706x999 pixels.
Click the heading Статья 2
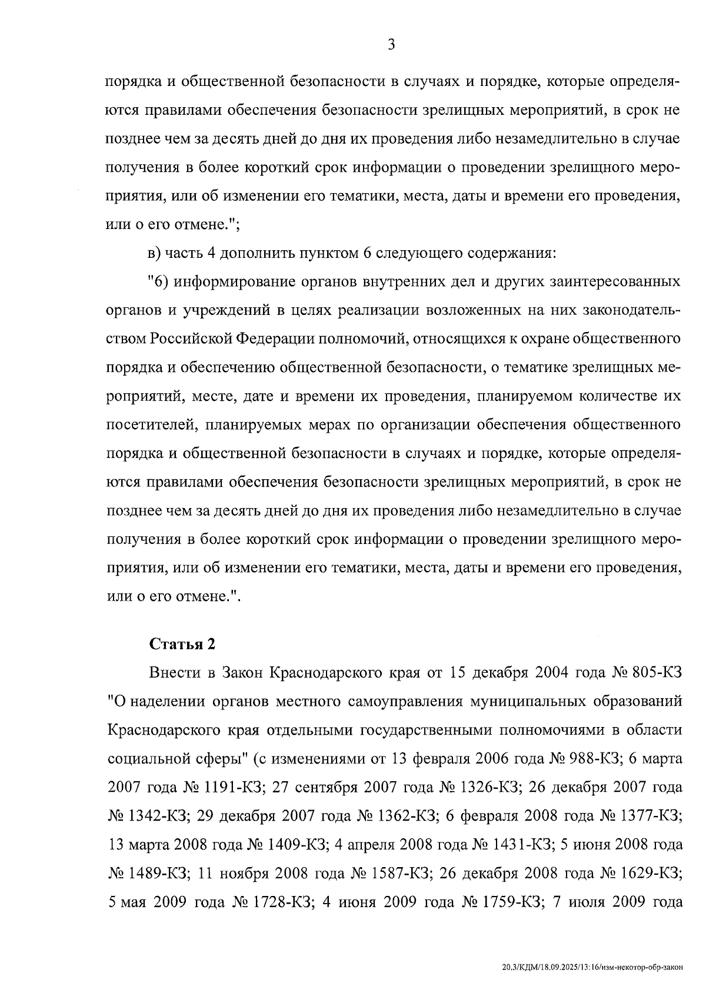(183, 644)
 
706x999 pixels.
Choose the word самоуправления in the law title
(408, 702)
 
